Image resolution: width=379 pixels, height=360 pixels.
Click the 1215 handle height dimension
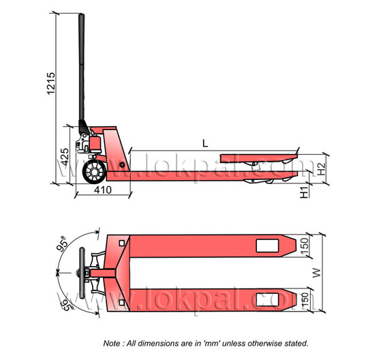[51, 83]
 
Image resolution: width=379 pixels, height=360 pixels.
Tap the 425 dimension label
[65, 157]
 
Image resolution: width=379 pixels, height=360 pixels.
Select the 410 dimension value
[103, 190]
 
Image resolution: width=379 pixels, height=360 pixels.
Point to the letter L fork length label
[205, 144]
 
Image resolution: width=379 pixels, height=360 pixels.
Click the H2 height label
[321, 169]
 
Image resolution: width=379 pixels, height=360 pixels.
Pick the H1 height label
[304, 192]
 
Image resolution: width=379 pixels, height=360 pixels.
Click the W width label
[317, 273]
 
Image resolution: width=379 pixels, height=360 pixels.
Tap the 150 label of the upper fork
[305, 246]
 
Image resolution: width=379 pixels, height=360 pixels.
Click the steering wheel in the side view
[94, 172]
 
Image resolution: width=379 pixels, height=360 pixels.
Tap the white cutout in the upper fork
[267, 245]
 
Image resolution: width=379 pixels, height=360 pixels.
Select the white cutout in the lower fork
[267, 300]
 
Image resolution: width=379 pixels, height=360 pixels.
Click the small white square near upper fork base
[122, 243]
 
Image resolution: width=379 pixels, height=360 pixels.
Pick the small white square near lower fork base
[122, 302]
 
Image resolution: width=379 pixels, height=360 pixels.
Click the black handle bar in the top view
[82, 273]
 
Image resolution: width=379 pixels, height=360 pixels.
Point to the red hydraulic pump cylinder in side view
[95, 144]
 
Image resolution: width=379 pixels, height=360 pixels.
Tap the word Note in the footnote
[111, 344]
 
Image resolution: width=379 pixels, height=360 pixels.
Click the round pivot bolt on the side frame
[122, 165]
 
